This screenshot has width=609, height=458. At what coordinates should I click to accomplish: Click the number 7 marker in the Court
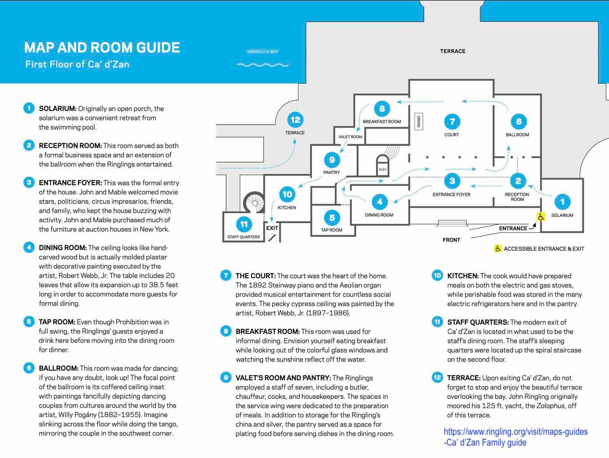[x=452, y=122]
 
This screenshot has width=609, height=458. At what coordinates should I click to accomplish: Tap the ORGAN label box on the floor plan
[x=418, y=122]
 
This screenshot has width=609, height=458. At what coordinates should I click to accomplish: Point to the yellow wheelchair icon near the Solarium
[x=541, y=217]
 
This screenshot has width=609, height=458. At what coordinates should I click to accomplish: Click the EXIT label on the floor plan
[x=272, y=228]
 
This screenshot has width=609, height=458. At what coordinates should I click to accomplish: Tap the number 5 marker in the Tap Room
[x=332, y=218]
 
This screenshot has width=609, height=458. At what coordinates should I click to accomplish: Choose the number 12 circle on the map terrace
[x=295, y=120]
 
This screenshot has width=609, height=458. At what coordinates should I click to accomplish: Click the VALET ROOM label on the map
[x=350, y=137]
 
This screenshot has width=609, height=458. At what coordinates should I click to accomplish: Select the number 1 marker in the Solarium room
[x=562, y=202]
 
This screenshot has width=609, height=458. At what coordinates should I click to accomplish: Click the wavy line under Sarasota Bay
[x=263, y=65]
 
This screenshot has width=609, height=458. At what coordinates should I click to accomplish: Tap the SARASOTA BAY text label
[x=263, y=51]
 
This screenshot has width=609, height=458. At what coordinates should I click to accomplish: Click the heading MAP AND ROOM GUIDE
[x=102, y=48]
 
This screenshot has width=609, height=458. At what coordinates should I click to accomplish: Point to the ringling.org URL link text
[x=516, y=432]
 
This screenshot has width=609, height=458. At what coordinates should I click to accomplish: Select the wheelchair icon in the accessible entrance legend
[x=498, y=249]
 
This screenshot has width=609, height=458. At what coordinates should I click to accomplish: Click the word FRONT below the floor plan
[x=451, y=240]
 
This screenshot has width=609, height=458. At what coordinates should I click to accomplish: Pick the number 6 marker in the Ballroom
[x=518, y=122]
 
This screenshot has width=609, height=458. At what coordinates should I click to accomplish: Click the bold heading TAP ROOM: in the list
[x=57, y=322]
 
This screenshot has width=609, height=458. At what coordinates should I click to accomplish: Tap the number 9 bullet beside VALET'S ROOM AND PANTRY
[x=226, y=378]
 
